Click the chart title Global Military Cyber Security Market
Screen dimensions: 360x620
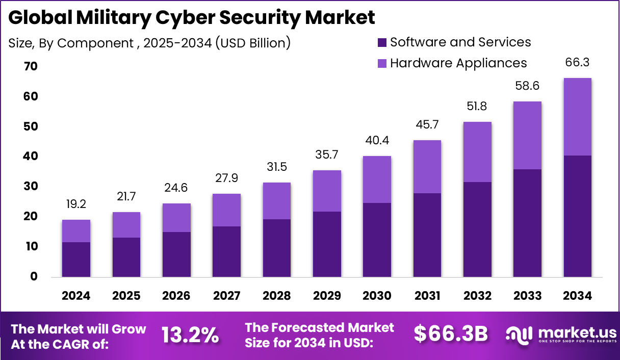pyautogui.click(x=192, y=18)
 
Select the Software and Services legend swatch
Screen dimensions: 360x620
pyautogui.click(x=382, y=42)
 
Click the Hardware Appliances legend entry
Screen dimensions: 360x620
pyautogui.click(x=458, y=63)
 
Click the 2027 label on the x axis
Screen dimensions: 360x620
pyautogui.click(x=226, y=296)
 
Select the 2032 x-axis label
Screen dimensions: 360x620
pyautogui.click(x=477, y=296)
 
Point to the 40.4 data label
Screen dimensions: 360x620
pyautogui.click(x=377, y=141)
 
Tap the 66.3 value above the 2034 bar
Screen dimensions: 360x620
pyautogui.click(x=578, y=63)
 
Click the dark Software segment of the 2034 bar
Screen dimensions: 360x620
pyautogui.click(x=578, y=217)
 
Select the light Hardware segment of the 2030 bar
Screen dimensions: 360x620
pyautogui.click(x=377, y=179)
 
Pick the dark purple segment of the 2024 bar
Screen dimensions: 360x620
pyautogui.click(x=76, y=260)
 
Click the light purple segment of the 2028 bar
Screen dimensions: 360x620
pyautogui.click(x=276, y=201)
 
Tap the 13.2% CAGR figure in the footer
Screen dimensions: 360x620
pyautogui.click(x=190, y=335)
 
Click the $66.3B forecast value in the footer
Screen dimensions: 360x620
pyautogui.click(x=450, y=334)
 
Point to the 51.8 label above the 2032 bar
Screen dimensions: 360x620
pyautogui.click(x=477, y=107)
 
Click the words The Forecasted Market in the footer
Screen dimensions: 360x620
pyautogui.click(x=320, y=327)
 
